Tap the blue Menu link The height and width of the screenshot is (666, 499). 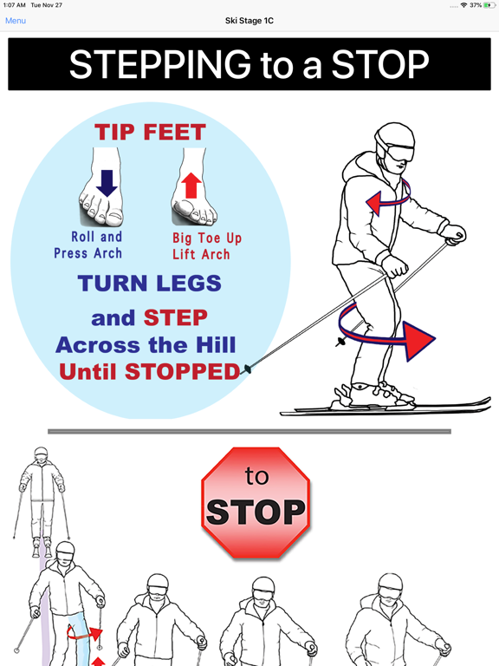click(16, 21)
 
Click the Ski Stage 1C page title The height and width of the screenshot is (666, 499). click(249, 21)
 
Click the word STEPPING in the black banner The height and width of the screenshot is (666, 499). click(160, 64)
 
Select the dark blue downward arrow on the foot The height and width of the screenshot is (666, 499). click(107, 183)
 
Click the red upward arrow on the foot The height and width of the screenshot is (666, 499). click(191, 186)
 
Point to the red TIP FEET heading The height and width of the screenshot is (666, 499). click(150, 132)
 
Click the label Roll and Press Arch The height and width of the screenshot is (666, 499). click(88, 245)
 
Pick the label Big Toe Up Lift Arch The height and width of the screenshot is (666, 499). click(207, 246)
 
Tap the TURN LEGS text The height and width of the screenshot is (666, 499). click(149, 283)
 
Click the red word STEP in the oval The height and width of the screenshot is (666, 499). click(176, 317)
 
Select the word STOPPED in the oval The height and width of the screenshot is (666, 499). click(183, 372)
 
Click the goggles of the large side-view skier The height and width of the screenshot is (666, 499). click(399, 153)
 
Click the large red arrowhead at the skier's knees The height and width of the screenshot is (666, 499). click(418, 341)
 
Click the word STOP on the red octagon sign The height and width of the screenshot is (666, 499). click(256, 512)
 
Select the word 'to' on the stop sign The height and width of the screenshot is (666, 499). click(256, 476)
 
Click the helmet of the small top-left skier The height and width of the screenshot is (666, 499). click(42, 452)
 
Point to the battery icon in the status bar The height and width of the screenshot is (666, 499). click(489, 5)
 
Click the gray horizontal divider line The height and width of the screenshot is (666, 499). click(249, 432)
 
